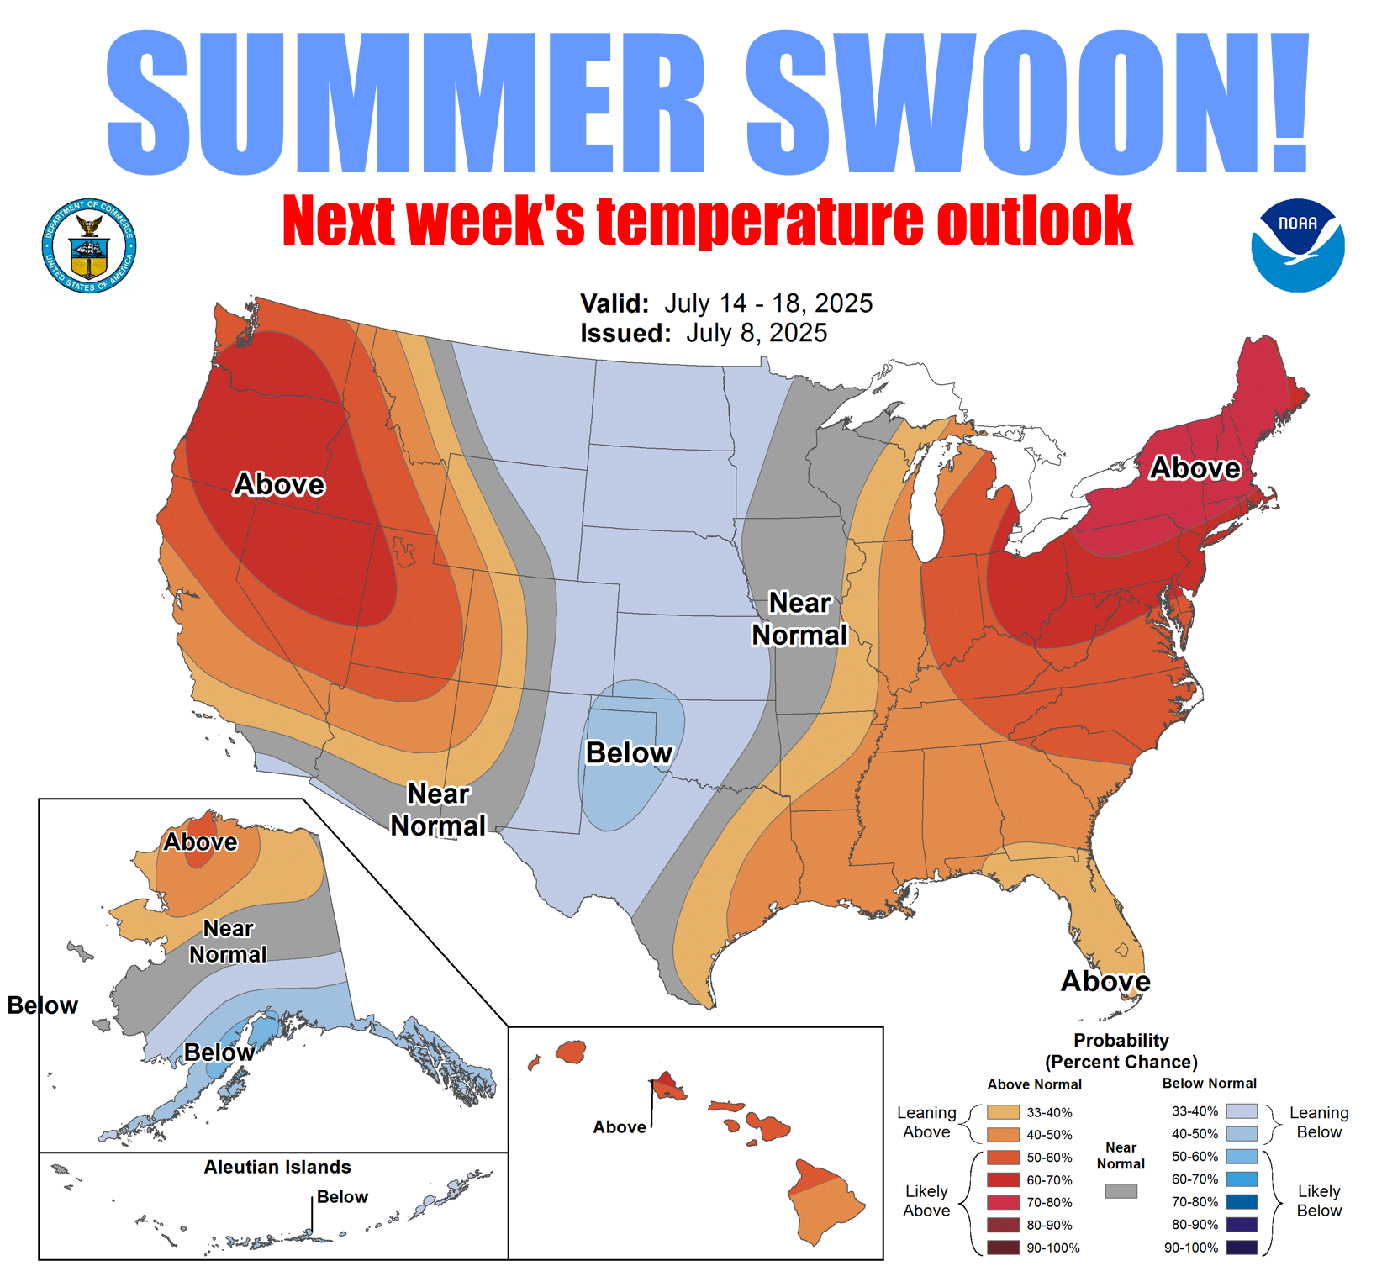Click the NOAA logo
tap(1297, 245)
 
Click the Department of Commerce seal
tap(89, 246)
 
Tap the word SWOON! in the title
tap(1028, 103)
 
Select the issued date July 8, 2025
tap(757, 333)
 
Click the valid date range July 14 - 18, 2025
tap(768, 303)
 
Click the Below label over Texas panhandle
tap(629, 752)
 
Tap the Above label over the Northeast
tap(1195, 468)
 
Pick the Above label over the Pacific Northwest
tap(279, 484)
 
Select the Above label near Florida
tap(1105, 981)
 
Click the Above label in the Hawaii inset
tap(620, 1127)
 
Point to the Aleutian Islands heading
tap(277, 1167)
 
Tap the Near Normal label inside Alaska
tap(228, 942)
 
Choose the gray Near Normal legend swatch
tap(1121, 1191)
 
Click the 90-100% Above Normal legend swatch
tap(1003, 1248)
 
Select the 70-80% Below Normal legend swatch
tap(1242, 1202)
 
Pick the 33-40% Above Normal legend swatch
tap(1003, 1112)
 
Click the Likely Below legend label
tap(1319, 1200)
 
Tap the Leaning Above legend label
tap(926, 1122)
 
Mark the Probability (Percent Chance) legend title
tap(1121, 1051)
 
